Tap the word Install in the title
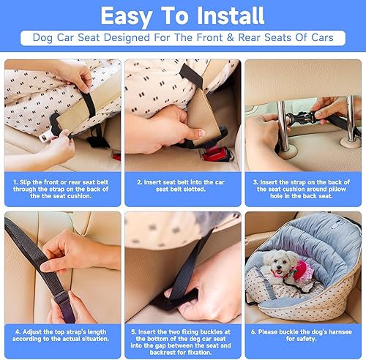[228, 15]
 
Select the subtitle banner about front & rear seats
[182, 39]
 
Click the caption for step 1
[62, 186]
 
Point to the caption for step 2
[182, 186]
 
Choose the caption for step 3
[303, 186]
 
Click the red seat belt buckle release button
[213, 153]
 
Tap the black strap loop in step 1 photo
[89, 102]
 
